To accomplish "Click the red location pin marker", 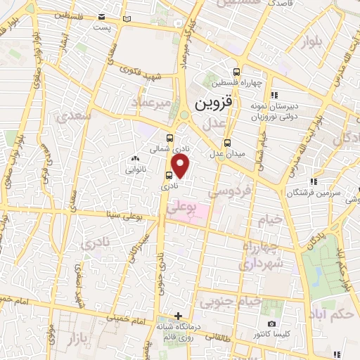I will point(181,166).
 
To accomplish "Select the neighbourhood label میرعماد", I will point(149,104).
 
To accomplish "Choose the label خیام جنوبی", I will point(231,302).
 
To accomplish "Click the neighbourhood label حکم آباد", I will point(335,314).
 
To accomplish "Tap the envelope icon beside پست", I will point(103,16).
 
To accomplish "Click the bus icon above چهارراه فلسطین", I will point(237,71).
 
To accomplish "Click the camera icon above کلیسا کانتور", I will point(271,323).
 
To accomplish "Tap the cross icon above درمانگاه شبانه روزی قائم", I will point(179,316).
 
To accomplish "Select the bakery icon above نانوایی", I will point(134,160).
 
